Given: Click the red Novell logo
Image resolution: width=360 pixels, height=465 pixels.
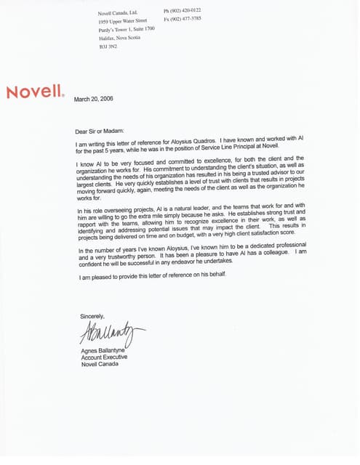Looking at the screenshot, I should click(x=35, y=92).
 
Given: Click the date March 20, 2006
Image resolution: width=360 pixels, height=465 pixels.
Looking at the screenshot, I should click(x=94, y=99).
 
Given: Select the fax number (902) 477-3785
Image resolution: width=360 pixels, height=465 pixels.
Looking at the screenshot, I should click(x=188, y=20).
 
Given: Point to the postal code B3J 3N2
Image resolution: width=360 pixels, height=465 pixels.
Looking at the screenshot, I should click(x=108, y=46).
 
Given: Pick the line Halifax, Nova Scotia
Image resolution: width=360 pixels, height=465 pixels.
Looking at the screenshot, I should click(x=119, y=39).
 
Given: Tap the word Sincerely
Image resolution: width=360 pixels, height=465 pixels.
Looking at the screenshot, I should click(x=92, y=316).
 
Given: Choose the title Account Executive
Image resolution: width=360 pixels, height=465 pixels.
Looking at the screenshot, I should click(x=105, y=357).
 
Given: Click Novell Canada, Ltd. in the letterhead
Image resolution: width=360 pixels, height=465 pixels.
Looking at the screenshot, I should click(x=118, y=13).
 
